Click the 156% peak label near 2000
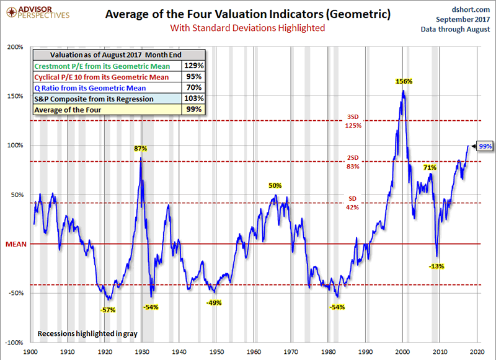point(404,81)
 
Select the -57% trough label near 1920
point(109,309)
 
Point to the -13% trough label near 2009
point(436,266)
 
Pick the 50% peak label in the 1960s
point(275,185)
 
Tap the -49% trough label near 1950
point(214,302)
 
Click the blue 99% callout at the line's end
point(485,146)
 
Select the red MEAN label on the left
point(15,244)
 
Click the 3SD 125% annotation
point(352,121)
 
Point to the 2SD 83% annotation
point(352,162)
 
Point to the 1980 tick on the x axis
point(329,351)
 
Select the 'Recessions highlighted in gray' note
point(87,333)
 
